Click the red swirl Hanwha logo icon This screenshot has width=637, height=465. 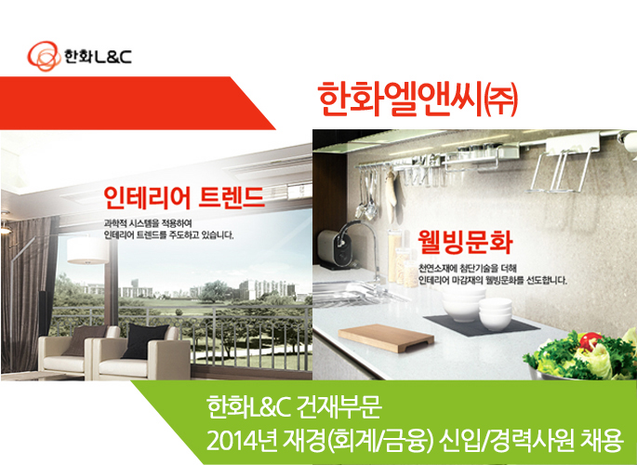coord(44,56)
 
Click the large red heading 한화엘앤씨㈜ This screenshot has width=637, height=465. coord(418,100)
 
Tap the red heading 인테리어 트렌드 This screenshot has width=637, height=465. coord(184,198)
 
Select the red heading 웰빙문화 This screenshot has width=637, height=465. coord(465,242)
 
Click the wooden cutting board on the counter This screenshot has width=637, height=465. coord(386,338)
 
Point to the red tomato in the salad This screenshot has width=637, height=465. coord(591,341)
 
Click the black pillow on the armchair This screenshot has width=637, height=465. coord(145,340)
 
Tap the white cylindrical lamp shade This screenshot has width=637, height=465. coord(87,250)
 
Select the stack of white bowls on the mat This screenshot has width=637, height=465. coord(477,310)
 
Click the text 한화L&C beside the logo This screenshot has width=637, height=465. coord(98,57)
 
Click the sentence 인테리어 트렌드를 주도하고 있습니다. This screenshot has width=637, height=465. coord(168,234)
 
